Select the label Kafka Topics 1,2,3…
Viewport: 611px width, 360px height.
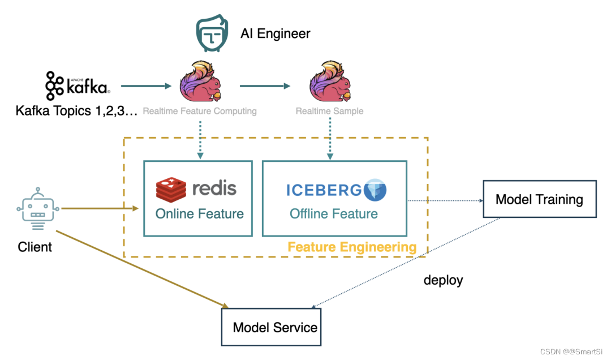[77, 112]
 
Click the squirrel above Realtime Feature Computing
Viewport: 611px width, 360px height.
[199, 82]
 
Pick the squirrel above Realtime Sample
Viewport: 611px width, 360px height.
[329, 82]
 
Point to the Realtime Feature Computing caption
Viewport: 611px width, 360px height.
[200, 112]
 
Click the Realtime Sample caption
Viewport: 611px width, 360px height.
[329, 112]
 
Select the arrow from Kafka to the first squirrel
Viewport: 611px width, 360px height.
[146, 86]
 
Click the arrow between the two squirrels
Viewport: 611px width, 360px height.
[265, 86]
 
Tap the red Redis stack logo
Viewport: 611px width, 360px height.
[171, 189]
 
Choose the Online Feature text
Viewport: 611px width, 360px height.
[200, 214]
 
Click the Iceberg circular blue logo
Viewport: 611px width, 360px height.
[375, 190]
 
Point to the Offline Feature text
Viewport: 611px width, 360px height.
[334, 214]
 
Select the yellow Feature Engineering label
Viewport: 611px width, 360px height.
[352, 247]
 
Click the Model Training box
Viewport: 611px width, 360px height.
[539, 199]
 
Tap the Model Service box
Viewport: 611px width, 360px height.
[271, 327]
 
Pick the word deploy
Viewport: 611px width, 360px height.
[444, 280]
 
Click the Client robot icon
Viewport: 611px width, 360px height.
[38, 209]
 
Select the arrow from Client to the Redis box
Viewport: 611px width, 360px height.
[100, 209]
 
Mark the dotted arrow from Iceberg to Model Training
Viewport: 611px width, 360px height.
[444, 200]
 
